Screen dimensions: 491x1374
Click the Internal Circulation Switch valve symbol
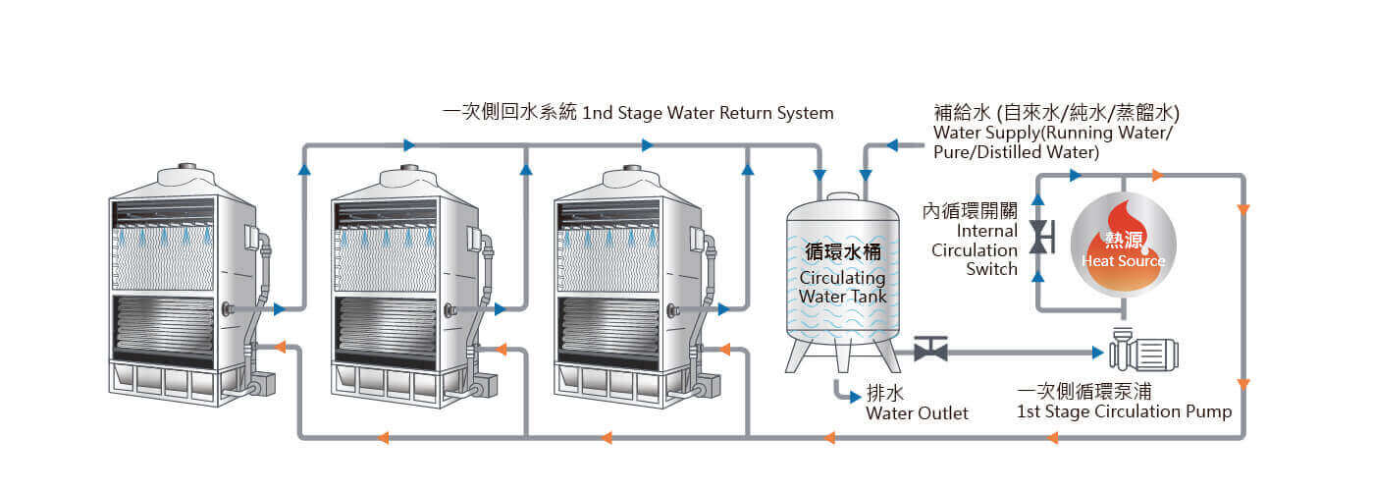click(x=1038, y=236)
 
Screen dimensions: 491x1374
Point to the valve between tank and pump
click(x=929, y=350)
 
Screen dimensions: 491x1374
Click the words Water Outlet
click(x=917, y=413)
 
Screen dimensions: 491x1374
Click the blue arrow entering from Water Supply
click(x=893, y=145)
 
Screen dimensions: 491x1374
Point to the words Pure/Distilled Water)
click(x=1016, y=153)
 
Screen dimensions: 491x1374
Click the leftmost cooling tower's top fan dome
click(x=184, y=178)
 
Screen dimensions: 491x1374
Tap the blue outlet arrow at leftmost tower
click(x=280, y=309)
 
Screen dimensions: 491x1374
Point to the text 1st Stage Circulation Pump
click(x=1124, y=411)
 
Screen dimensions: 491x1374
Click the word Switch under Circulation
click(x=991, y=269)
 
